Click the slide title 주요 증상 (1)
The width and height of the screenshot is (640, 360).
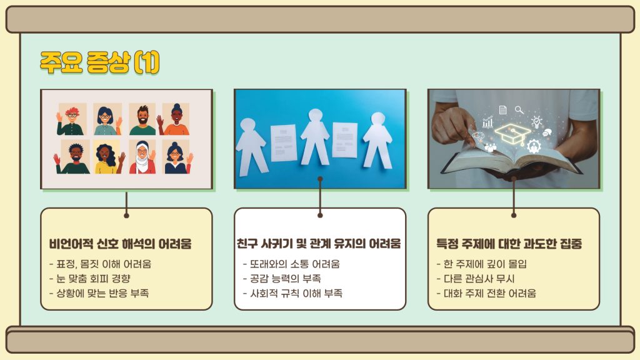click(x=99, y=62)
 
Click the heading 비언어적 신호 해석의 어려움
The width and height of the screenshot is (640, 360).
click(x=120, y=244)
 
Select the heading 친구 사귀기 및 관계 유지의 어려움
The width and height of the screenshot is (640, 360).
click(x=319, y=243)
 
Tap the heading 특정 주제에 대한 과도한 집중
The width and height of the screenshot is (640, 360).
click(x=509, y=244)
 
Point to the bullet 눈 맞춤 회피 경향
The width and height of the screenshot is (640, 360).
click(x=90, y=279)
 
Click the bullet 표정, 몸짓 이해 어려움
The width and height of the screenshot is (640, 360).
click(x=100, y=264)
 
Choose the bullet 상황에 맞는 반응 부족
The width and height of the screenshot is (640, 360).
click(x=99, y=293)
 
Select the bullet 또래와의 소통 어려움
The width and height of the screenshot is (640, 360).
click(x=291, y=264)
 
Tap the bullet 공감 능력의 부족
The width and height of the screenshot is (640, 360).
click(x=282, y=279)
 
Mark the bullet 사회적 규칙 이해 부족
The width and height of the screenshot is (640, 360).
click(x=292, y=293)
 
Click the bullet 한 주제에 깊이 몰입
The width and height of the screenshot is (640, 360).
click(x=482, y=264)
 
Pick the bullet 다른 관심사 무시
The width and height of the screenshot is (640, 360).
click(x=476, y=279)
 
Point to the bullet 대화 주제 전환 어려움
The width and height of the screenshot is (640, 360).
click(x=486, y=293)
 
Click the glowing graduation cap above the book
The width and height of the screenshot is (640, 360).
click(x=512, y=134)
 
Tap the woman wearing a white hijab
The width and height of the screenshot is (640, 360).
click(x=142, y=157)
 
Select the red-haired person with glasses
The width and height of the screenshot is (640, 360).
click(x=71, y=121)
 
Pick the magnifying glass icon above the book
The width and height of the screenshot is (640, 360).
click(x=519, y=110)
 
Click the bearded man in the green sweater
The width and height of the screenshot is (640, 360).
click(x=142, y=120)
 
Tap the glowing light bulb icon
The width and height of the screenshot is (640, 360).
click(x=536, y=122)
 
